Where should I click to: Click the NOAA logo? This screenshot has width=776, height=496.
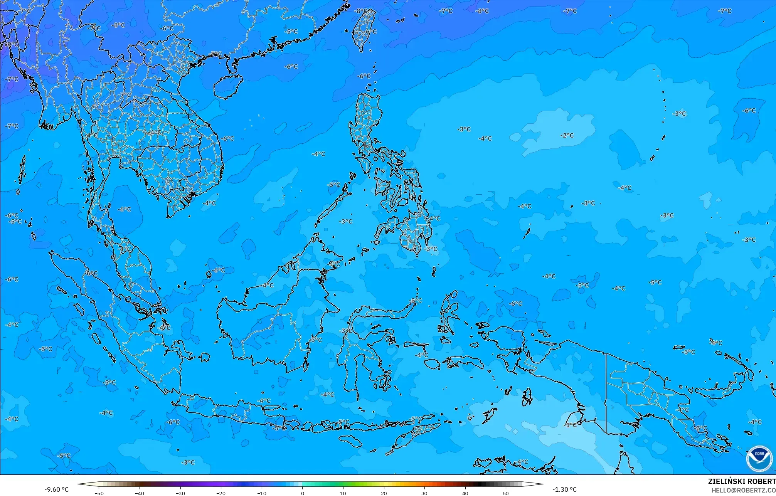pyautogui.click(x=759, y=459)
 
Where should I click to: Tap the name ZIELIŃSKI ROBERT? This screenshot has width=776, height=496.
pyautogui.click(x=741, y=482)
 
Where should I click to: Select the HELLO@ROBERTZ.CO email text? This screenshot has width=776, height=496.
pyautogui.click(x=743, y=490)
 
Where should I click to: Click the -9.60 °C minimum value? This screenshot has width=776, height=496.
pyautogui.click(x=56, y=489)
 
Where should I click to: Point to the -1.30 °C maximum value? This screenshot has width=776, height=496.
pyautogui.click(x=564, y=489)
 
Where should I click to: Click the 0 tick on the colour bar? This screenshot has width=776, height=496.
pyautogui.click(x=303, y=493)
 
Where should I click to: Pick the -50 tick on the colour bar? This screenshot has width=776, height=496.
pyautogui.click(x=99, y=493)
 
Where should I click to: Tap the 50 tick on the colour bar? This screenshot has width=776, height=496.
pyautogui.click(x=506, y=493)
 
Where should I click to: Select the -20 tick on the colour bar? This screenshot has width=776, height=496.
pyautogui.click(x=221, y=493)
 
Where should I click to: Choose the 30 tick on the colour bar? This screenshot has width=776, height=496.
pyautogui.click(x=424, y=493)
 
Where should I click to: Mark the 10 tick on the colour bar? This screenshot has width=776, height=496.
pyautogui.click(x=343, y=493)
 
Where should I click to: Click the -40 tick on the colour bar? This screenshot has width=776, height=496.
pyautogui.click(x=140, y=493)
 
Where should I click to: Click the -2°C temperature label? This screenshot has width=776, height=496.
pyautogui.click(x=567, y=135)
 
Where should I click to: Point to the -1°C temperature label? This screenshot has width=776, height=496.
pyautogui.click(x=571, y=425)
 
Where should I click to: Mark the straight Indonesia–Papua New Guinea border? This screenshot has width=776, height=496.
pyautogui.click(x=606, y=393)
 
